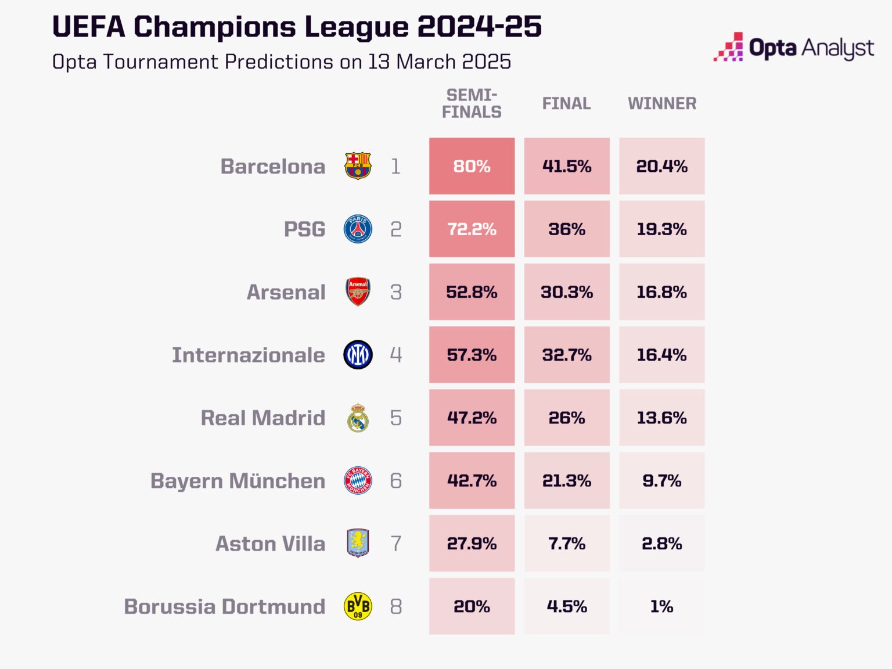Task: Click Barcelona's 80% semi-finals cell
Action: click(472, 166)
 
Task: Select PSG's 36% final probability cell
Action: click(567, 229)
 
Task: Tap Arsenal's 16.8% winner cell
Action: click(661, 292)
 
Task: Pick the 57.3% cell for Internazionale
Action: click(472, 355)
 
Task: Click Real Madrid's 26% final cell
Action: click(567, 418)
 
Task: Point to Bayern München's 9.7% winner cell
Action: click(661, 480)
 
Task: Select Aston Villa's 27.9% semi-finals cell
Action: click(472, 544)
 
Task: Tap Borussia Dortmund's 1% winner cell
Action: click(661, 606)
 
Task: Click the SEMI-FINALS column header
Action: click(472, 103)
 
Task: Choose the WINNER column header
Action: click(662, 103)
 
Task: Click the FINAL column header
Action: click(567, 103)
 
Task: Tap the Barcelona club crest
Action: click(358, 166)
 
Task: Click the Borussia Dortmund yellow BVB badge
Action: click(358, 606)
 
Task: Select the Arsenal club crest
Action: click(358, 292)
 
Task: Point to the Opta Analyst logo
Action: click(794, 48)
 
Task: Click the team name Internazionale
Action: click(249, 355)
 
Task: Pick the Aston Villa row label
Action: click(271, 544)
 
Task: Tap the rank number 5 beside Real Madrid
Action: click(396, 418)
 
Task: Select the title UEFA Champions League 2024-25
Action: click(297, 27)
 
